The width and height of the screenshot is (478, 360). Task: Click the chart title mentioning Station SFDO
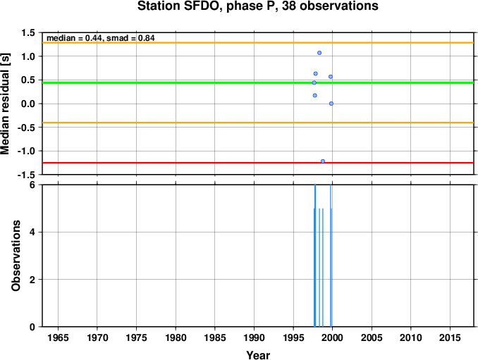click(x=257, y=6)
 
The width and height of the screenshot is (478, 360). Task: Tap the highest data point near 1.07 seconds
click(x=319, y=53)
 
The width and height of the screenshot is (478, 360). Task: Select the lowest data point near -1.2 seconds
click(x=323, y=161)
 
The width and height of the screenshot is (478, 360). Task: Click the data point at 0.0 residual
click(x=331, y=104)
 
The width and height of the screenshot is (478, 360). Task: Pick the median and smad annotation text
click(x=101, y=38)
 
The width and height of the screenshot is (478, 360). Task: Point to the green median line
click(x=258, y=82)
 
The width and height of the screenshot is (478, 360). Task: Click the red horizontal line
click(x=258, y=163)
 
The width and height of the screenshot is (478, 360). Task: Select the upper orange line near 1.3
click(x=258, y=43)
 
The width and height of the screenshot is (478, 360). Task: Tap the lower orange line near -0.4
click(x=258, y=123)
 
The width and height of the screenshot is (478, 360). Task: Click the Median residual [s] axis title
click(x=6, y=104)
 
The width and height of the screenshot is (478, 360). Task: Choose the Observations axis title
click(x=16, y=256)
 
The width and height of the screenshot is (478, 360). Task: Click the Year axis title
click(x=258, y=355)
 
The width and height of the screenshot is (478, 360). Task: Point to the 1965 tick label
click(x=58, y=337)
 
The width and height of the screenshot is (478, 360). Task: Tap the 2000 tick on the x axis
click(x=332, y=337)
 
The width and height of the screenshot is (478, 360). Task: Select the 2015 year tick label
click(x=450, y=337)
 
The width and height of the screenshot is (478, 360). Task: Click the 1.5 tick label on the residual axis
click(x=28, y=32)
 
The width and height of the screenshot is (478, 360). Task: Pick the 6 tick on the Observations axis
click(x=32, y=185)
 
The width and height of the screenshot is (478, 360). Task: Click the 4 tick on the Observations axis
click(x=32, y=232)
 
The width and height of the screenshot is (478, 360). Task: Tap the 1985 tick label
click(x=215, y=337)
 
